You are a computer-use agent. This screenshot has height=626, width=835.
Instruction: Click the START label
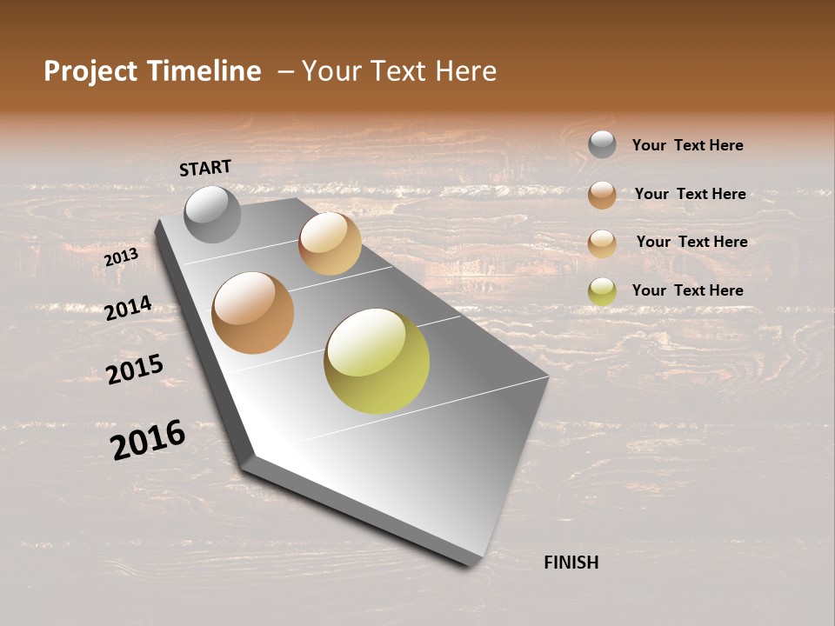[205, 168]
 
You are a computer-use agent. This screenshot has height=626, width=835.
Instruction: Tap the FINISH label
[571, 563]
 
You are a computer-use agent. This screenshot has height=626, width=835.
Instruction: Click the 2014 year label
[128, 308]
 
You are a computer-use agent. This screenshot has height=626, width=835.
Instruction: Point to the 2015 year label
[134, 370]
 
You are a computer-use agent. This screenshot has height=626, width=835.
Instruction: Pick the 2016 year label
[148, 439]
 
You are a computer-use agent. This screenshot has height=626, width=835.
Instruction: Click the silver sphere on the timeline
[212, 214]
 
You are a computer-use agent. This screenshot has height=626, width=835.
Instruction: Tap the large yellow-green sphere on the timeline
[376, 361]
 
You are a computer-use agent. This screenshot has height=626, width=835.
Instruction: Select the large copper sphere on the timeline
[252, 313]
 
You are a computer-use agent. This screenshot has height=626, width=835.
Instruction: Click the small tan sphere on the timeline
[330, 243]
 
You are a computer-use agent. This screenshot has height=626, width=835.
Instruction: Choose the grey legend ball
[602, 144]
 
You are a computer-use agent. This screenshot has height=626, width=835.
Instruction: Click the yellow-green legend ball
[602, 291]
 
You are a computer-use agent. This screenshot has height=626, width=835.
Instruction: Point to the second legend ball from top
[602, 195]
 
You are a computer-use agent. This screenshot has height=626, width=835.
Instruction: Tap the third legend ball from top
[602, 243]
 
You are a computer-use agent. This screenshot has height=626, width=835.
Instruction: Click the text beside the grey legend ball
[687, 145]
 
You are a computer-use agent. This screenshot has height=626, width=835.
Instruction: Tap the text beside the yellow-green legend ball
[687, 290]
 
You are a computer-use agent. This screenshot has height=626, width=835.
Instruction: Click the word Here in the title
[465, 71]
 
